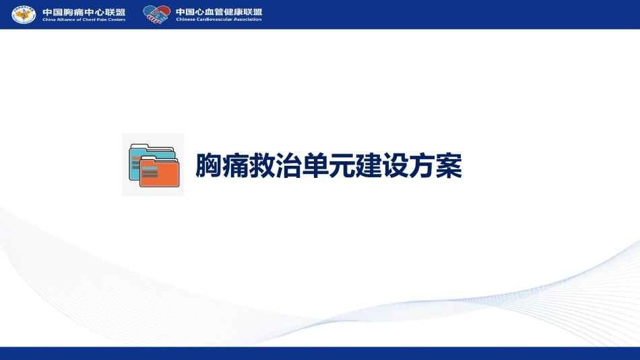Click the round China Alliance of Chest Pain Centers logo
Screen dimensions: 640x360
point(24,14)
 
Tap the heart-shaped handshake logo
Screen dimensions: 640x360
point(157,14)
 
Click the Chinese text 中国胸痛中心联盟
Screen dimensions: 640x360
point(84,12)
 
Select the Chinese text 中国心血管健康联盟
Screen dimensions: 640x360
point(219,12)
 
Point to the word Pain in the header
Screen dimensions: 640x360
point(101,20)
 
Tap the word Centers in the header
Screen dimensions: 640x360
point(117,20)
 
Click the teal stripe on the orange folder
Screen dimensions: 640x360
point(150,169)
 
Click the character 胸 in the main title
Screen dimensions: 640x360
point(209,165)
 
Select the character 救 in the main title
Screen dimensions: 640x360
point(261,165)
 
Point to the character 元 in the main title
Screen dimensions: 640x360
point(342,165)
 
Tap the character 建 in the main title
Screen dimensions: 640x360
point(369,165)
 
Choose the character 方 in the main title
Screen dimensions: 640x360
point(422,165)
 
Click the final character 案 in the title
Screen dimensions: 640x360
point(449,165)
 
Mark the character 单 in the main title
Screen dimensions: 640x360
point(315,165)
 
